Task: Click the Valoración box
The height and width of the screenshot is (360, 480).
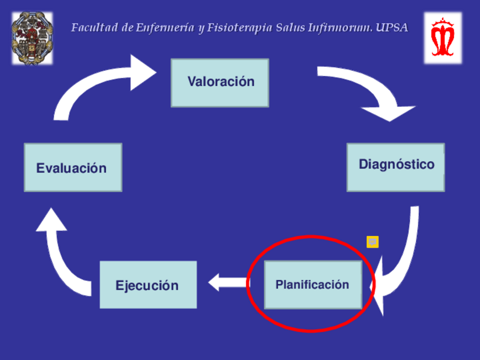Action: coord(220,83)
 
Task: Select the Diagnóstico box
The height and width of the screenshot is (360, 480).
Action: coord(396,167)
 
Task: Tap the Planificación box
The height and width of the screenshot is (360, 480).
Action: coord(312,285)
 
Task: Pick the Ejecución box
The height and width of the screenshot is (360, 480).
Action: coord(148,285)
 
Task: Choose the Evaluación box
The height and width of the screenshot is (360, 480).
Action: coord(72,167)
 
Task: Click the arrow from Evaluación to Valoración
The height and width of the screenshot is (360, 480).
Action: coord(96,85)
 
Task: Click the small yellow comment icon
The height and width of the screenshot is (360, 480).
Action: coord(372,242)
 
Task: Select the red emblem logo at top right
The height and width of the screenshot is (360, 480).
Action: coord(443,37)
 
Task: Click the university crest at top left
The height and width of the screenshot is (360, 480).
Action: coord(32,37)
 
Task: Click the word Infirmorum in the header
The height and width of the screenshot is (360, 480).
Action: coord(340,28)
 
